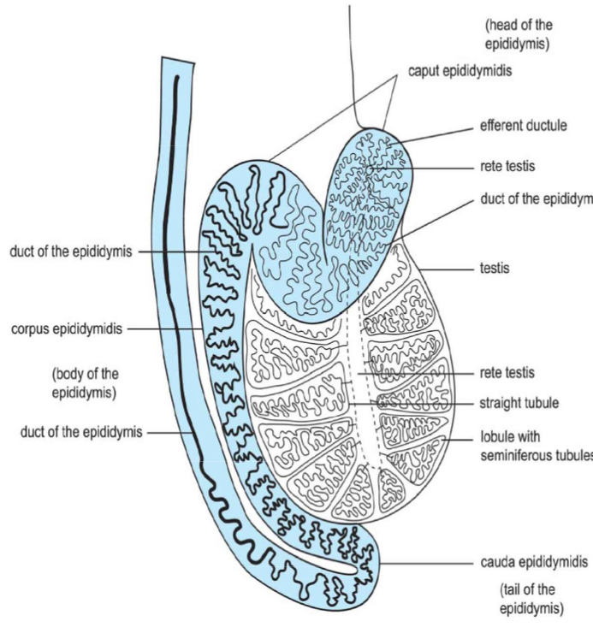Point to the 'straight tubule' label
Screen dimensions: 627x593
click(x=519, y=403)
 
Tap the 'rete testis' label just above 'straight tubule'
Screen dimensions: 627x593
click(x=507, y=374)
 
